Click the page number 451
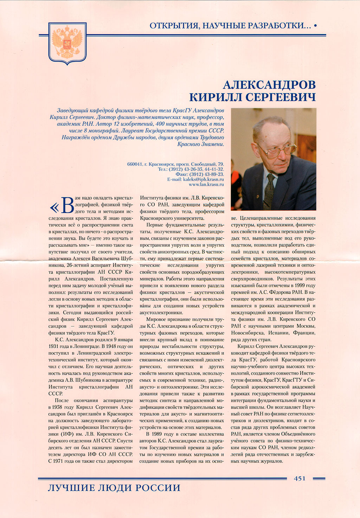[300, 478]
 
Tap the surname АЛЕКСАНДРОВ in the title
[269, 85]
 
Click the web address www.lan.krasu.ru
[206, 184]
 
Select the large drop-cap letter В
[67, 205]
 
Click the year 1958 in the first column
[57, 407]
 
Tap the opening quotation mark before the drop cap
[54, 207]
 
